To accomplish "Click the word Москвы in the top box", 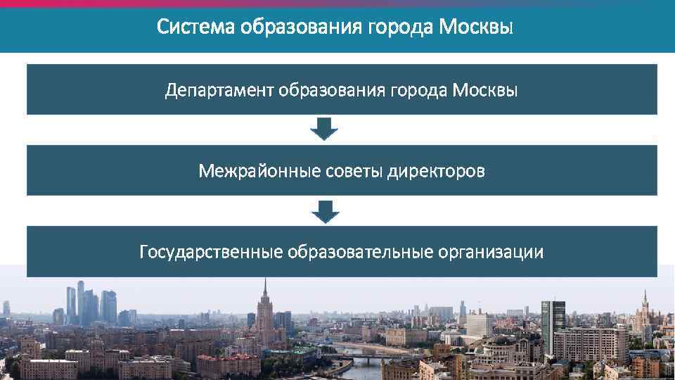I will coord(484,90).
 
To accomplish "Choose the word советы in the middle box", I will coord(344,171).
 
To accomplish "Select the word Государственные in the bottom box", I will coord(210,252).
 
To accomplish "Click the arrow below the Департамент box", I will coord(325,129).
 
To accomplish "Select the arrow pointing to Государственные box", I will coord(325,210).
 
